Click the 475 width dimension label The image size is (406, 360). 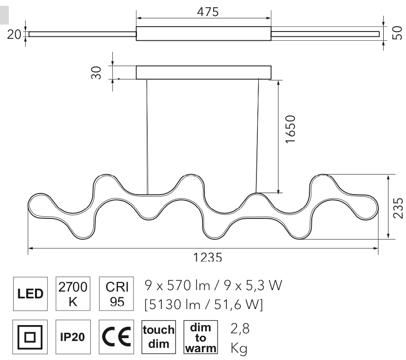[x=208, y=12]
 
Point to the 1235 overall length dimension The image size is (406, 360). [x=208, y=257]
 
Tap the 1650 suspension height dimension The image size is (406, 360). [x=290, y=129]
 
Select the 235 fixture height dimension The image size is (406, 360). [x=398, y=208]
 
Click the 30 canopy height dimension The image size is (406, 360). [x=96, y=72]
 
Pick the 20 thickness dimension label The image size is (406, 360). [x=14, y=34]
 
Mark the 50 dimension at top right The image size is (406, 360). [x=397, y=33]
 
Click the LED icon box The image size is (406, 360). [x=30, y=294]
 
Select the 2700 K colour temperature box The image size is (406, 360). [x=73, y=294]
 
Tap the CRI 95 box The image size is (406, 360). [x=117, y=294]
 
